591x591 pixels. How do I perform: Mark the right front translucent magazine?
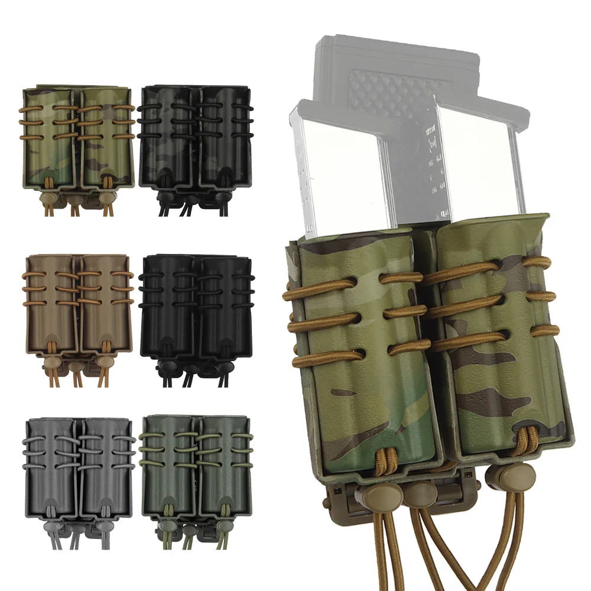[x=479, y=160]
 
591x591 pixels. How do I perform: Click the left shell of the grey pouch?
[x=52, y=464]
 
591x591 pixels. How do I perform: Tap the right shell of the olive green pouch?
[x=223, y=464]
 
